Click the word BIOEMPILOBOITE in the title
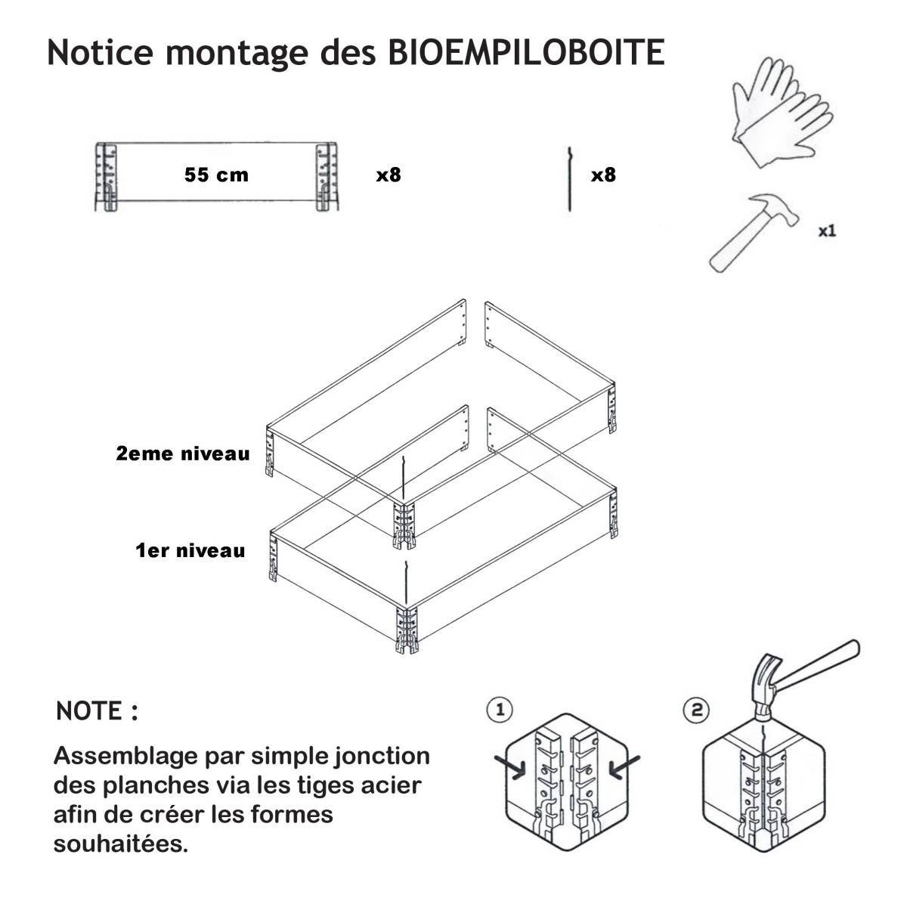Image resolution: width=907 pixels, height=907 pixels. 526,52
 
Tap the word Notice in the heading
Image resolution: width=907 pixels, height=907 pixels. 101,52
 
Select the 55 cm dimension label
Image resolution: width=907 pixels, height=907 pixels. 216,175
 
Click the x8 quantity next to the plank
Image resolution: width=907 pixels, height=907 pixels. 388,175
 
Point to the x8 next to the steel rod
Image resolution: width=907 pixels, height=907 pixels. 603,175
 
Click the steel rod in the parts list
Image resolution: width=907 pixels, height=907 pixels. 570,179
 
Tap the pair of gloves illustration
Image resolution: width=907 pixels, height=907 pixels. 782,112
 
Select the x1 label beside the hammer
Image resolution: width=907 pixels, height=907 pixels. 827,231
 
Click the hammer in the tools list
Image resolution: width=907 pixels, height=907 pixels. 754,232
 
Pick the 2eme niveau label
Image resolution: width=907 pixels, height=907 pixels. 183,453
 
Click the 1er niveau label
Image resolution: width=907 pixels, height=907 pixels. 190,550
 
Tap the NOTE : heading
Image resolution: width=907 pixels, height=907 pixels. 97,710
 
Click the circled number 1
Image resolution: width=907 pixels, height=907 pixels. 500,709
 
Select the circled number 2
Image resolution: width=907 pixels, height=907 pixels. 697,709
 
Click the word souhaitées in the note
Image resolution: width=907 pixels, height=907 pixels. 120,844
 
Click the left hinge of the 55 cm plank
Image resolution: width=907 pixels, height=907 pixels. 107,177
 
